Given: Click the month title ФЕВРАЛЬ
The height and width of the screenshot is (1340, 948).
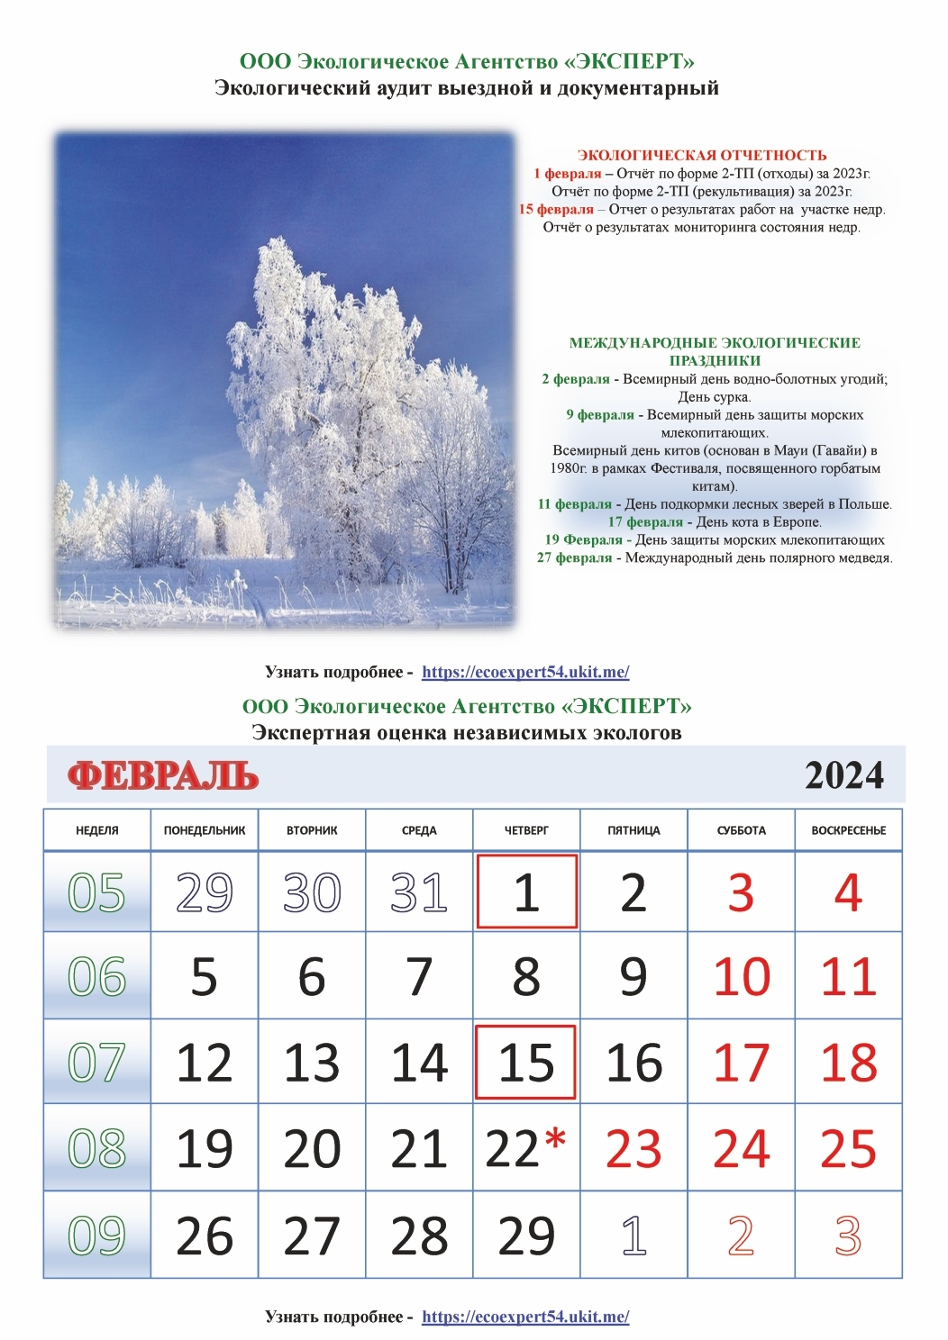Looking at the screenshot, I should click(163, 775).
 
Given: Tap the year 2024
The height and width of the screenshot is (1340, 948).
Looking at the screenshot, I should click(843, 775).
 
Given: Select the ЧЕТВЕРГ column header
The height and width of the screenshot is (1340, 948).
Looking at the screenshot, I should click(526, 830).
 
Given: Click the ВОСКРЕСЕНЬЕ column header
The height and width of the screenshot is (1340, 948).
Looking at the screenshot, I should click(848, 830).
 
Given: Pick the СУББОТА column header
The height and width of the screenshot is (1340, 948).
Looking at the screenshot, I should click(741, 830).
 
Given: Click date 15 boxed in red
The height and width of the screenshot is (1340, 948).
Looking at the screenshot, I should click(526, 1063).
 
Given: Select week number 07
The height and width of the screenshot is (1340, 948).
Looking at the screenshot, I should click(96, 1063).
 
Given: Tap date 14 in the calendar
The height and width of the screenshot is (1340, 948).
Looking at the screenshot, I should click(419, 1063).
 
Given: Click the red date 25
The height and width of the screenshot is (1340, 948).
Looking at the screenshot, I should click(848, 1148).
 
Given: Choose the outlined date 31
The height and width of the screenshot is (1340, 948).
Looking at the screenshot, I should click(419, 892).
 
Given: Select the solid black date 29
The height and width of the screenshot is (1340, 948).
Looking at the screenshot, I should click(526, 1236).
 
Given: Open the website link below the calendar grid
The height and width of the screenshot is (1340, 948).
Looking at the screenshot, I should click(525, 1317).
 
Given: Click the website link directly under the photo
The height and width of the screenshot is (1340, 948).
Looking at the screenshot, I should click(525, 672).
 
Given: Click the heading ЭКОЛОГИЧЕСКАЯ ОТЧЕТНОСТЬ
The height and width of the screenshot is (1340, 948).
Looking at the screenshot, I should click(702, 155).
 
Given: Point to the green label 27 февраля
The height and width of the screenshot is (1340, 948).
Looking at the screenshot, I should click(574, 557).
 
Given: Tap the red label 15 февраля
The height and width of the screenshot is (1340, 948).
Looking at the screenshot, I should click(556, 209).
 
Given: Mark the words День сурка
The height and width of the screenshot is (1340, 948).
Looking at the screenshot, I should click(714, 396).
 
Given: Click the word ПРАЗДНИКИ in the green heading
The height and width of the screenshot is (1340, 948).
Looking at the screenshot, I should click(715, 360).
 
